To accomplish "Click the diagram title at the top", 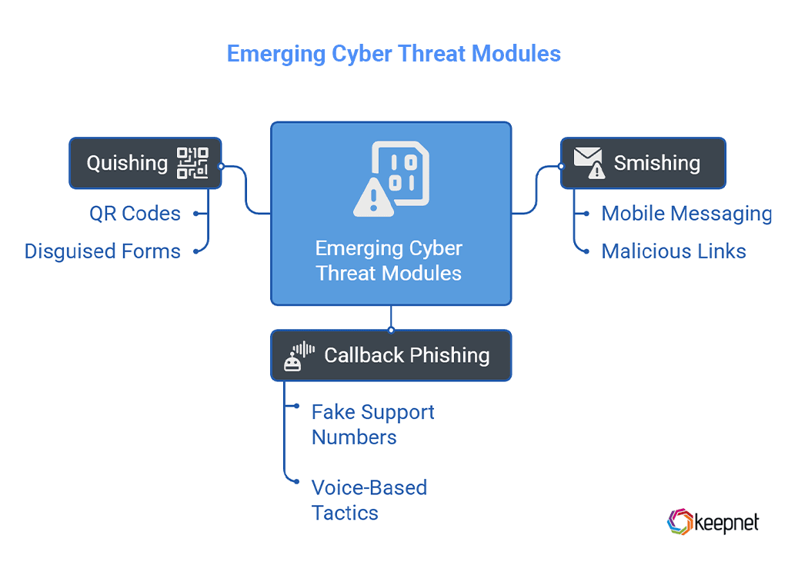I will pos(393,54).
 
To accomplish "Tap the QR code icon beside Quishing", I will pos(192,163).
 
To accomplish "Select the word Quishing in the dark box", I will pos(127,163).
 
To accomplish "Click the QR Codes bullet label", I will pos(135,213).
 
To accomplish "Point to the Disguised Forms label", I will pos(102,251).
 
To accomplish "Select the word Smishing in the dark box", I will pos(656,163).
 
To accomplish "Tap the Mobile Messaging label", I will pos(686,213).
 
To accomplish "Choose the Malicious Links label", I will pos(673,251).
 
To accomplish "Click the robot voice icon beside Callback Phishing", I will pos(299,356).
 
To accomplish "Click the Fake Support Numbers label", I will pos(372,424).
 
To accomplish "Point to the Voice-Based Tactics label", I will pos(369,500).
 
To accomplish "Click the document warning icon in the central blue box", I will pos(391,178).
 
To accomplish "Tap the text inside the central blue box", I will pos(389,261).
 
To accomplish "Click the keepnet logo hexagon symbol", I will pos(679,522).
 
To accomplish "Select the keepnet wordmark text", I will pos(726,523).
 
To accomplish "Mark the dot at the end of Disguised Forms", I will pos(196,251).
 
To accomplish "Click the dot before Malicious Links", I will pos(586,251).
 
